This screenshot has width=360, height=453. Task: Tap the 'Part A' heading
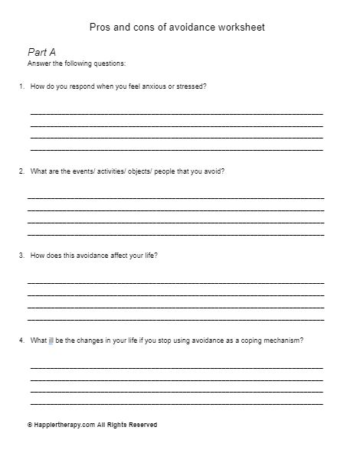coord(41,52)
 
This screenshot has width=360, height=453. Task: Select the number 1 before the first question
coord(21,86)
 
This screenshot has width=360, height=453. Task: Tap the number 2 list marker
coord(21,171)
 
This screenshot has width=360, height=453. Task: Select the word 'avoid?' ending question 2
coord(214,171)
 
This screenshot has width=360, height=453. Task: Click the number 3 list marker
coord(21,256)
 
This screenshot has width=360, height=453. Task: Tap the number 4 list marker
coord(21,341)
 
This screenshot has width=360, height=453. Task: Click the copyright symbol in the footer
coord(29,425)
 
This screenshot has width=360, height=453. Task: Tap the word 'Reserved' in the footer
coord(142,425)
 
